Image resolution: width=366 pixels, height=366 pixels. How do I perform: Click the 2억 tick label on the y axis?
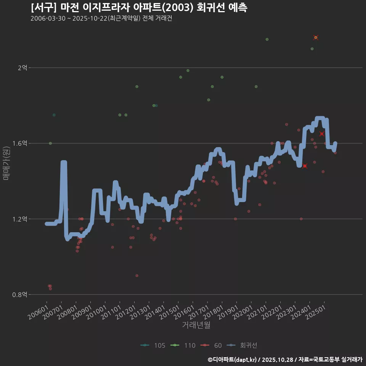click(22, 68)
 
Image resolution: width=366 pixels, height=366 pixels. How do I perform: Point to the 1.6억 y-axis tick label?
click(20, 143)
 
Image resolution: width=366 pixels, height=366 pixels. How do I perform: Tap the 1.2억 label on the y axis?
click(20, 219)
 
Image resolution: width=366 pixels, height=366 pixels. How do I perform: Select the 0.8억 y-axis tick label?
click(20, 295)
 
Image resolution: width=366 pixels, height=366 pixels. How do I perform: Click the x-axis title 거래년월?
click(196, 325)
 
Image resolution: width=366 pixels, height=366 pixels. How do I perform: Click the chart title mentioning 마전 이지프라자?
click(139, 8)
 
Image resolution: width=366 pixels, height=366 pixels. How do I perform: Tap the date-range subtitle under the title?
click(101, 18)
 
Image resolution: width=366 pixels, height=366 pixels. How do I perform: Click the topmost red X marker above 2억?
click(316, 37)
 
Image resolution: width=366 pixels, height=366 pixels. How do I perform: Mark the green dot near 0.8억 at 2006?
click(49, 286)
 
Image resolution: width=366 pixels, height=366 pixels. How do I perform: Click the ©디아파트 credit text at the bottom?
click(285, 359)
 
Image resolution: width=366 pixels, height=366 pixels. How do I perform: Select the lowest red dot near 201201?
click(137, 276)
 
